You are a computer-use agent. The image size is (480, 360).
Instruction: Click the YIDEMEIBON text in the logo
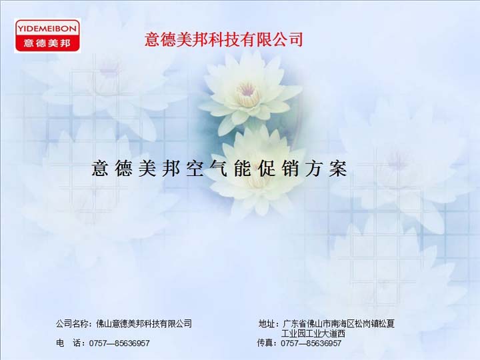click(x=47, y=29)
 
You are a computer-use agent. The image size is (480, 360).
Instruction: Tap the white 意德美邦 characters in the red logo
click(x=47, y=43)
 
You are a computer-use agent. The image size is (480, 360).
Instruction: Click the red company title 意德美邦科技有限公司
click(x=224, y=39)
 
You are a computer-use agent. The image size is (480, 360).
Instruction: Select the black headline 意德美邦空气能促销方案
click(x=219, y=168)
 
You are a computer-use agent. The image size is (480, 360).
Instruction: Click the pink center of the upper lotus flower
click(x=247, y=90)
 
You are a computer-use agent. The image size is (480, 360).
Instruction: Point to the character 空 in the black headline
click(x=195, y=168)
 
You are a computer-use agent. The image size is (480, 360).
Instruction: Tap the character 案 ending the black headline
click(x=338, y=168)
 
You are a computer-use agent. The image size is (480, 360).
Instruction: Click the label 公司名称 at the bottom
click(x=72, y=323)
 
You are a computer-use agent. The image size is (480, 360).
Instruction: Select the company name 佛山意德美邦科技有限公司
click(x=144, y=323)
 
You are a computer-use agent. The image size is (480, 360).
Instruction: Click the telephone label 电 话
click(x=68, y=343)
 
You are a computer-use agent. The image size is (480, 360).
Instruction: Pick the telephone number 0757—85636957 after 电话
click(x=119, y=343)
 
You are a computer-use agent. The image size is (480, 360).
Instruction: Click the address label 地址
click(x=267, y=323)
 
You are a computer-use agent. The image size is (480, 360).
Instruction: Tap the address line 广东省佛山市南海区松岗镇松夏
click(x=339, y=323)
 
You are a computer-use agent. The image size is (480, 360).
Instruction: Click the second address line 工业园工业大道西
click(x=313, y=333)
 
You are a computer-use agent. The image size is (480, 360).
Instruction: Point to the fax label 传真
click(x=265, y=343)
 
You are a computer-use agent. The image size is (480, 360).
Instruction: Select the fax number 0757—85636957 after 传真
click(x=311, y=343)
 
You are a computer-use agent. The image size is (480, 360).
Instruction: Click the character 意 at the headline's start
click(x=100, y=168)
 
